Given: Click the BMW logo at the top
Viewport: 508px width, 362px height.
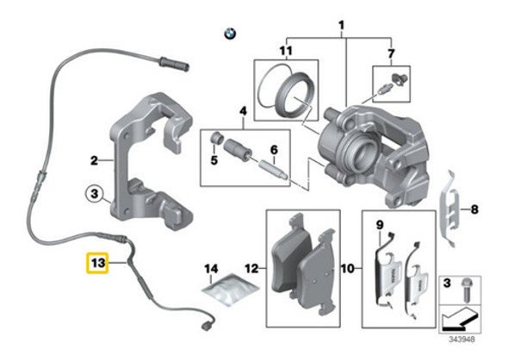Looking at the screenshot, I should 229,34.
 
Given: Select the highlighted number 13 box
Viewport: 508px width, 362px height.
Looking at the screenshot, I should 96,261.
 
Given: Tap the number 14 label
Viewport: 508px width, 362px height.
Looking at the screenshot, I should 211,270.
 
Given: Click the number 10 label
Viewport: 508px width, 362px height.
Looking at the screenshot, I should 348,270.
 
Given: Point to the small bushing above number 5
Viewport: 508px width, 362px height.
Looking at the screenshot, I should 217,138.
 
